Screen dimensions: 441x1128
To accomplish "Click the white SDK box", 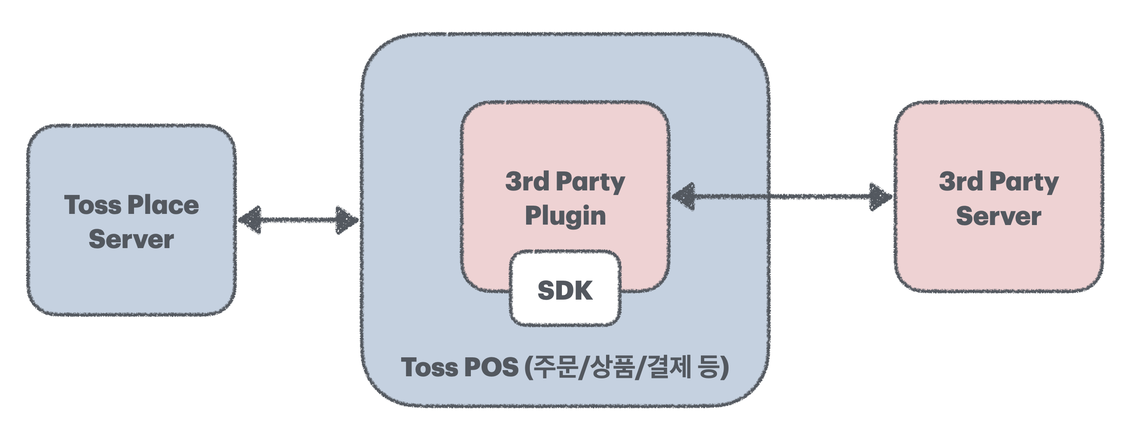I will (565, 289).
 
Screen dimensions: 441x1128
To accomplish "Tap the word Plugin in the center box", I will (565, 216).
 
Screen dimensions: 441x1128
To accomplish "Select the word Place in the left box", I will (163, 205).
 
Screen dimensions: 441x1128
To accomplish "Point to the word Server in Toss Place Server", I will (131, 239).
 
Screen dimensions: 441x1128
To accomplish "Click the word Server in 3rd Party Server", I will (999, 216).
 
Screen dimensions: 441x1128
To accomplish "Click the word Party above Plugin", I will (590, 182).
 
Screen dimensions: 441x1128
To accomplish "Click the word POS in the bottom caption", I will (491, 367).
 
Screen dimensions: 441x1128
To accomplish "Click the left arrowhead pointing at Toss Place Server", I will (250, 220).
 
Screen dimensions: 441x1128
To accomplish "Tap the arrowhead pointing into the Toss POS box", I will (347, 220).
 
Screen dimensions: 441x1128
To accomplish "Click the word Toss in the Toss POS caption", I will (430, 367).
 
